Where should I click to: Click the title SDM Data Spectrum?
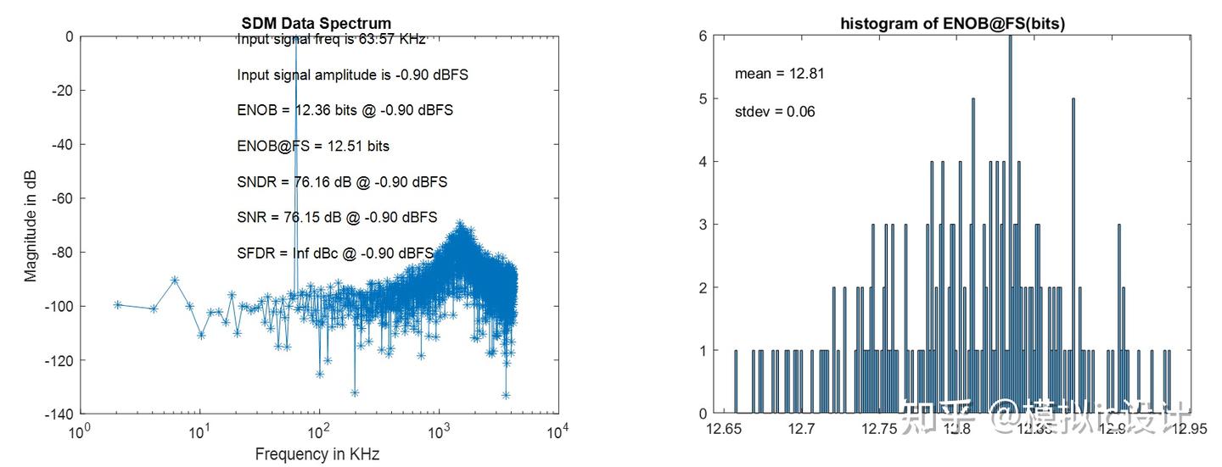(316, 23)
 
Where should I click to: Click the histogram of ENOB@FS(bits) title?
(952, 24)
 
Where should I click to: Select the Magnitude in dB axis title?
(31, 225)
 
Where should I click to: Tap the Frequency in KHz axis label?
(317, 454)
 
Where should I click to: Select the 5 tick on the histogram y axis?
(703, 98)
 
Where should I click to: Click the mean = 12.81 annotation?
(779, 74)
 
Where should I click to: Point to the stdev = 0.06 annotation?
(775, 111)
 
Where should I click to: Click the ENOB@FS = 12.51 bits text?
(313, 146)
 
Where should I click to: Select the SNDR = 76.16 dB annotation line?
(342, 181)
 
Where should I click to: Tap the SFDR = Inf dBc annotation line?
(335, 253)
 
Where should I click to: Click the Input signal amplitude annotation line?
(352, 75)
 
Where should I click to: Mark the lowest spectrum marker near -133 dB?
(506, 395)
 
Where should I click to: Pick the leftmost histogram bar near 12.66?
(736, 381)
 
